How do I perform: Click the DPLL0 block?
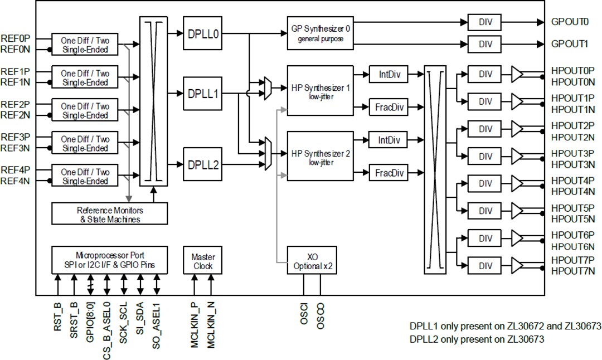202,33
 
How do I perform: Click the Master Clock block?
203,261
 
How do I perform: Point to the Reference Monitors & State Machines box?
109,215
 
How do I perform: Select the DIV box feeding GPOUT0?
485,22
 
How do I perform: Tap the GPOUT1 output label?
569,43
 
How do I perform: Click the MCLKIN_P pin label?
195,327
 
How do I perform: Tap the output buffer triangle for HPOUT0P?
517,75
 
